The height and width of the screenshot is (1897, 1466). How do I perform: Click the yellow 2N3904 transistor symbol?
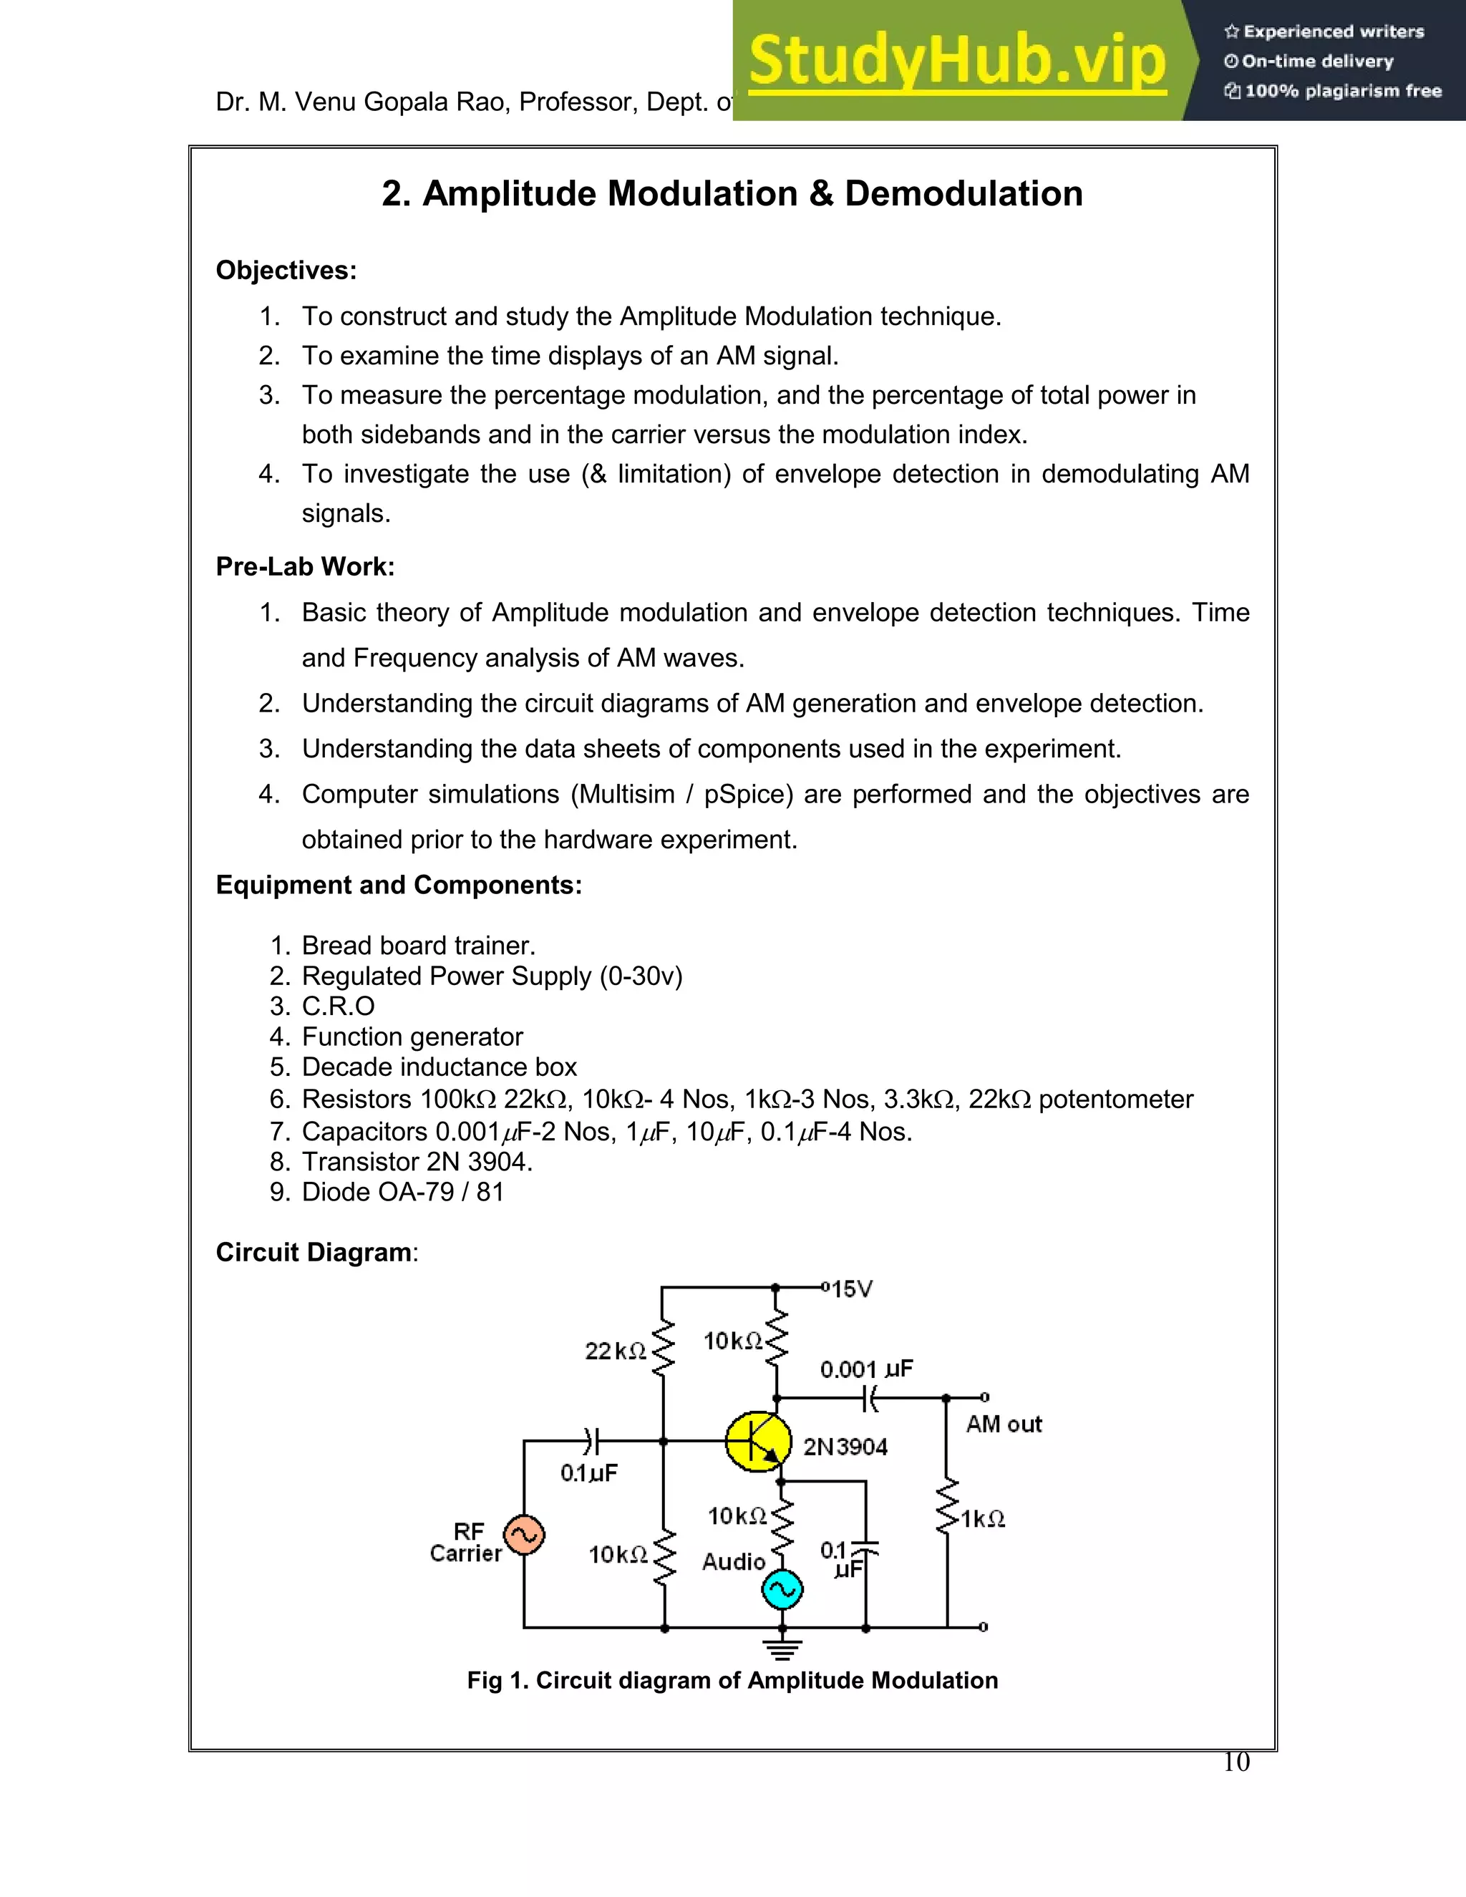click(x=758, y=1441)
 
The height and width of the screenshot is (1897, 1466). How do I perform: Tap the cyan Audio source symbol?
click(x=782, y=1589)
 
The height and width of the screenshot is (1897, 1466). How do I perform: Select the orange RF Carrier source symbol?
click(x=524, y=1535)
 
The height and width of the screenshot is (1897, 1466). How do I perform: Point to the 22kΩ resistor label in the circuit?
click(x=615, y=1351)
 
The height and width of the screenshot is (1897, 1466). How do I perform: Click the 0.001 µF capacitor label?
click(x=866, y=1369)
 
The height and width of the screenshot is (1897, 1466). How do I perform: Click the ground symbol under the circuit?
click(x=782, y=1648)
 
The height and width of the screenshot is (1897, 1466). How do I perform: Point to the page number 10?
click(x=1235, y=1762)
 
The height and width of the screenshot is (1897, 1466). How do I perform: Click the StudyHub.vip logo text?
click(x=957, y=61)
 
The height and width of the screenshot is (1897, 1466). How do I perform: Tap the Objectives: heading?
click(x=286, y=270)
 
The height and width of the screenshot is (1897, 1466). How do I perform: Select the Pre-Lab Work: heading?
click(x=305, y=566)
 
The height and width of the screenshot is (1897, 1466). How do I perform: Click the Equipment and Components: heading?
click(x=399, y=884)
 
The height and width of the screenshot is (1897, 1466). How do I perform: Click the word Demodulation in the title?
click(x=963, y=194)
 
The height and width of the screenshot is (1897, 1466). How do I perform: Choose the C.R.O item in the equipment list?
click(x=338, y=1006)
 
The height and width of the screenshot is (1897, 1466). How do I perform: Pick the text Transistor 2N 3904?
click(x=417, y=1161)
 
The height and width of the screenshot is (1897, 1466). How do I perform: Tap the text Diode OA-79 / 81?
click(x=402, y=1192)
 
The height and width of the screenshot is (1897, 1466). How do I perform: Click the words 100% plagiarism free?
click(x=1343, y=91)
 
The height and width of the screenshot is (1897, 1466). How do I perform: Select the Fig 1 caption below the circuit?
click(x=732, y=1680)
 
